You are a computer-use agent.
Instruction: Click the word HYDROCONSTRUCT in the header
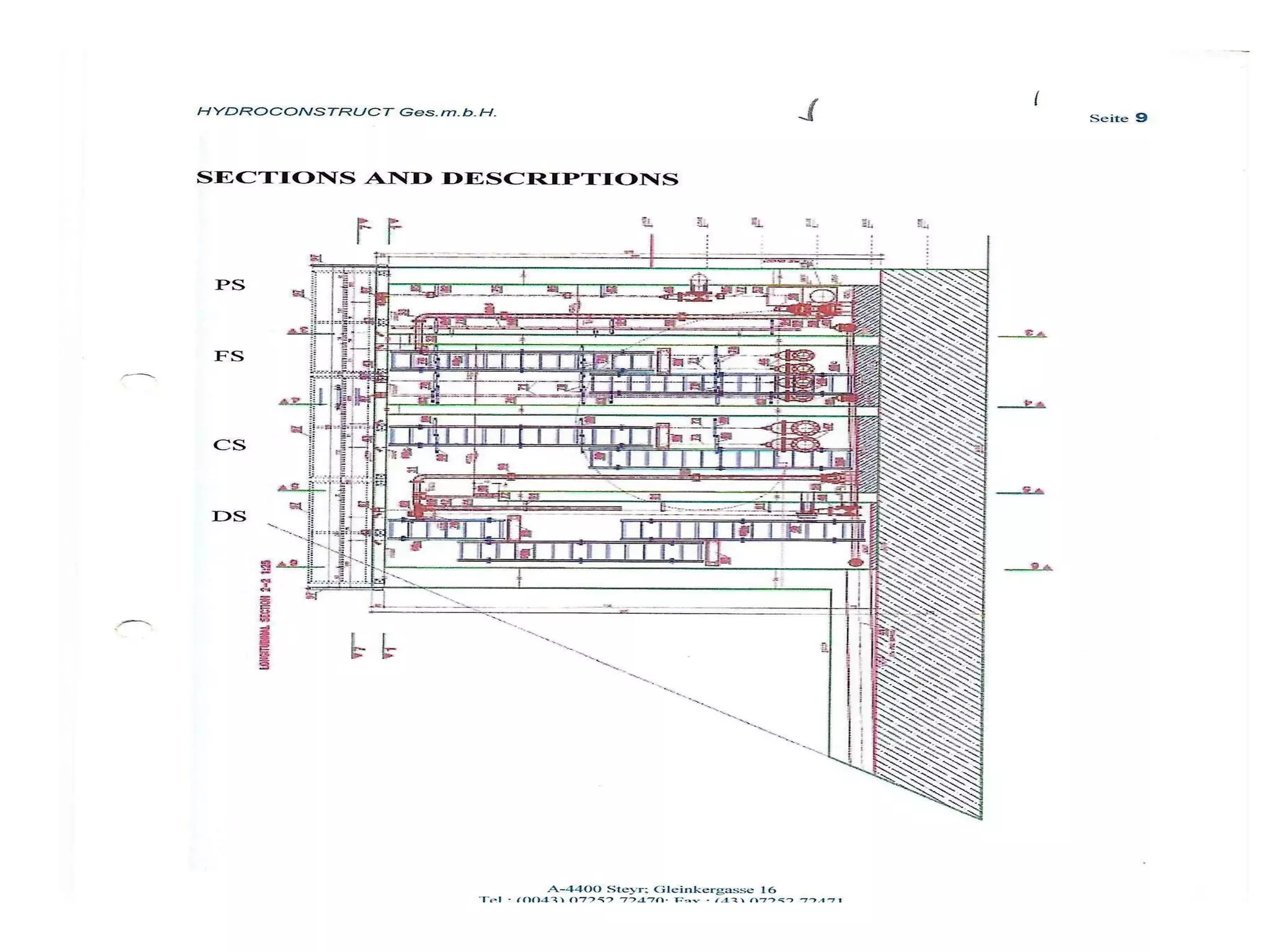294,112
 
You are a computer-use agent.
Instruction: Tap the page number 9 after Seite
1141,118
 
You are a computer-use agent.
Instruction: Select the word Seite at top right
1109,118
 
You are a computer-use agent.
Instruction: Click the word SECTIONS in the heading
276,178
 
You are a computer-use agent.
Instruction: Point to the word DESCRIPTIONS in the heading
560,178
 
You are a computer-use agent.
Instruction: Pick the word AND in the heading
398,178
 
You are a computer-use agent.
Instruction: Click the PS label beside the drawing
230,285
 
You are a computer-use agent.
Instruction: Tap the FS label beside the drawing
229,356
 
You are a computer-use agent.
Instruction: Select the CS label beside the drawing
229,445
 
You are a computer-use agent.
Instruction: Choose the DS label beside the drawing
229,516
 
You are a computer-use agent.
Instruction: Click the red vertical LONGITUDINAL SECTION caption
265,614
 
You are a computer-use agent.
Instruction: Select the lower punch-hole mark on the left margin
134,627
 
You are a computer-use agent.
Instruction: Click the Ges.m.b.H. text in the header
447,112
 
